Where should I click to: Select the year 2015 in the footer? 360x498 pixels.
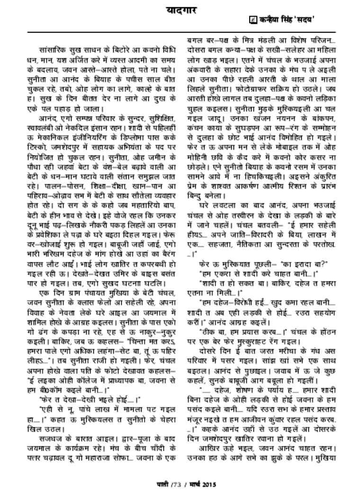(x=210, y=484)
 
